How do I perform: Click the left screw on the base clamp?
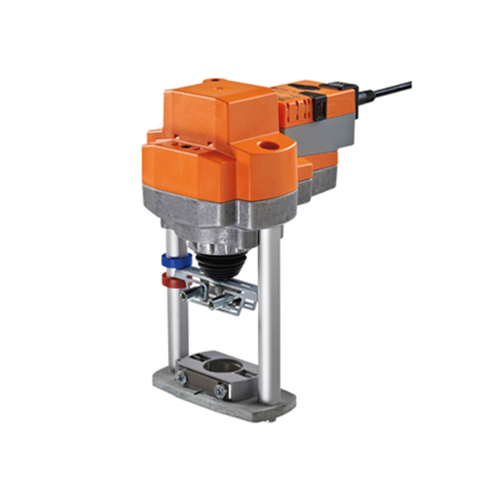click(x=181, y=377)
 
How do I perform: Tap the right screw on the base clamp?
click(x=219, y=391)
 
